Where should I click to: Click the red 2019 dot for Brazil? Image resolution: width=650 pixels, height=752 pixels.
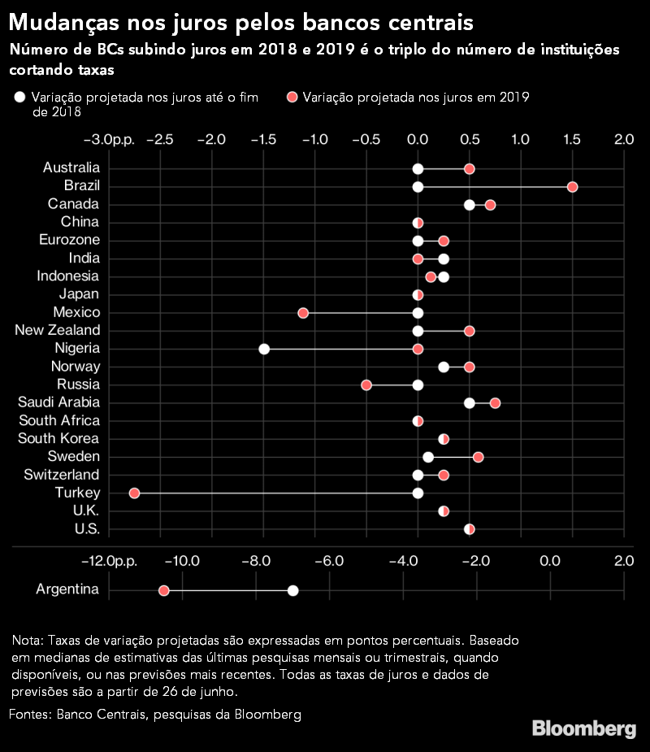click(572, 187)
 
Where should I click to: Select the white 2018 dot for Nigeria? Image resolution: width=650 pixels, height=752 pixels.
click(264, 349)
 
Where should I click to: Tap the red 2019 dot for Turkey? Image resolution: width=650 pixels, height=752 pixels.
click(135, 493)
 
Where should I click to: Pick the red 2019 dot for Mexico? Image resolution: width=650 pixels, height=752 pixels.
click(303, 313)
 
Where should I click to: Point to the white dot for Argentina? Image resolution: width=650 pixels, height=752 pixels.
click(293, 590)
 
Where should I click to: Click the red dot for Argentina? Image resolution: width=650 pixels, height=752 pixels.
click(163, 590)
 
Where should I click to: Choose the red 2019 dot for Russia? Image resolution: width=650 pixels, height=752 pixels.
click(366, 385)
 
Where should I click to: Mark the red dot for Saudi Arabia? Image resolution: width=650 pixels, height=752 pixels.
click(495, 402)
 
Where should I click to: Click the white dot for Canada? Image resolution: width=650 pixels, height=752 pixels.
click(470, 205)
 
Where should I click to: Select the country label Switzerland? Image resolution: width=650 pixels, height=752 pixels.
click(62, 474)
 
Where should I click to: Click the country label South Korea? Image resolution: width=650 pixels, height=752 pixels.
click(59, 438)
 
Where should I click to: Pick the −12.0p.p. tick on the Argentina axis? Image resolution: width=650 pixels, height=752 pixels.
click(110, 561)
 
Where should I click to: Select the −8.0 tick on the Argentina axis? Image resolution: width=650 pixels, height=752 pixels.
click(255, 561)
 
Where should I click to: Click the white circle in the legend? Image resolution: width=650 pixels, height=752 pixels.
click(19, 98)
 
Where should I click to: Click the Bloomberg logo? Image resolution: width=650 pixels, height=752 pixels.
click(584, 728)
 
